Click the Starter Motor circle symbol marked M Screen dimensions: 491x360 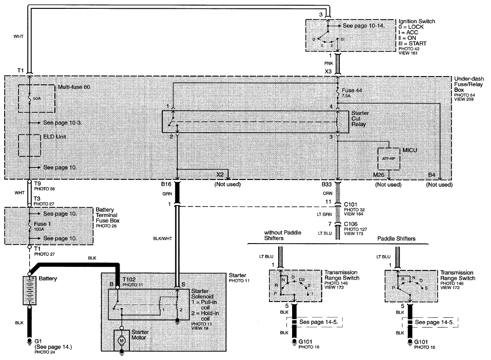pos(121,340)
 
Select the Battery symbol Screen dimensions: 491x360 pos(29,290)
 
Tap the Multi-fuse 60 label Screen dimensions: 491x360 pos(74,87)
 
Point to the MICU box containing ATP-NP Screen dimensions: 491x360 pos(389,159)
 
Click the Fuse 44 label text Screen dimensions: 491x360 pos(351,90)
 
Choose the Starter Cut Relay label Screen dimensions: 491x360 pos(360,118)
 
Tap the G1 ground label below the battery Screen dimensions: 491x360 pos(38,341)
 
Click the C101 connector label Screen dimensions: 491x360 pos(351,205)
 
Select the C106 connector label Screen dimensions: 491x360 pos(351,224)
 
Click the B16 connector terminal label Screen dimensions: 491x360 pos(166,184)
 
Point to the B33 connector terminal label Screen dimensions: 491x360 pos(326,185)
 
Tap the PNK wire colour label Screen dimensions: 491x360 pos(328,63)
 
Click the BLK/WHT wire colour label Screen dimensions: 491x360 pos(163,238)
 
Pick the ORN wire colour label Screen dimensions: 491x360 pos(327,193)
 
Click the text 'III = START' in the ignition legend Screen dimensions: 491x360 pos(412,44)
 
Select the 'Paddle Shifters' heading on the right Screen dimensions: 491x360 pos(396,238)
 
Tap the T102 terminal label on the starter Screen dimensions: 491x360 pos(129,279)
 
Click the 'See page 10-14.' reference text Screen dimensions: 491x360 pos(363,26)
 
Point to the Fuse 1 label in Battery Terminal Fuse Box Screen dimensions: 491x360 pos(42,224)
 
